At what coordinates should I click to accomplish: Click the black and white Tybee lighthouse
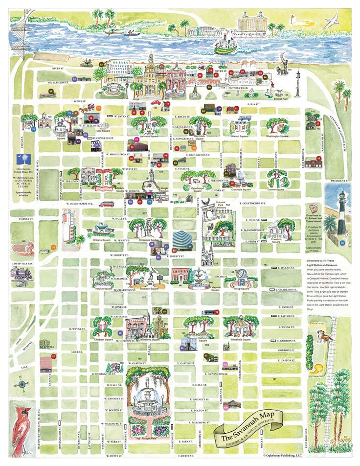click(341, 215)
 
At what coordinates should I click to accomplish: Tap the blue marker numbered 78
click(342, 243)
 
